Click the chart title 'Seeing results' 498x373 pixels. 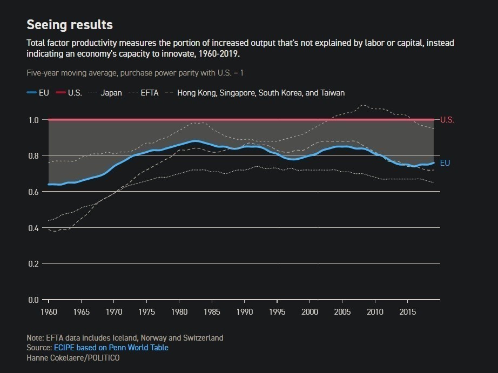pos(70,25)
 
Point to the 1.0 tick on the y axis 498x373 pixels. pos(33,120)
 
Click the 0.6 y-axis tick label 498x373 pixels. pos(33,192)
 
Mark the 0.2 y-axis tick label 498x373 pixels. pos(33,264)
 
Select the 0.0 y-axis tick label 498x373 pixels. pos(33,300)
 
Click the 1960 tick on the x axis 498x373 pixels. pos(49,312)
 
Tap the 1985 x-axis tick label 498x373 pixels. pos(212,312)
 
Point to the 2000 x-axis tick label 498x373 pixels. pos(309,312)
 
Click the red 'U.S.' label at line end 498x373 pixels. pos(447,120)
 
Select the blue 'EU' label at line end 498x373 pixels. pos(445,163)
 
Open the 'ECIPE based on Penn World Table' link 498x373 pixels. pos(111,348)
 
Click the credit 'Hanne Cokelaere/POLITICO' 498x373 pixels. pos(73,358)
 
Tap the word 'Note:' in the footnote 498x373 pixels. pos(36,338)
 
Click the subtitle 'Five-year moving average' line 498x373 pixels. pos(138,72)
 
